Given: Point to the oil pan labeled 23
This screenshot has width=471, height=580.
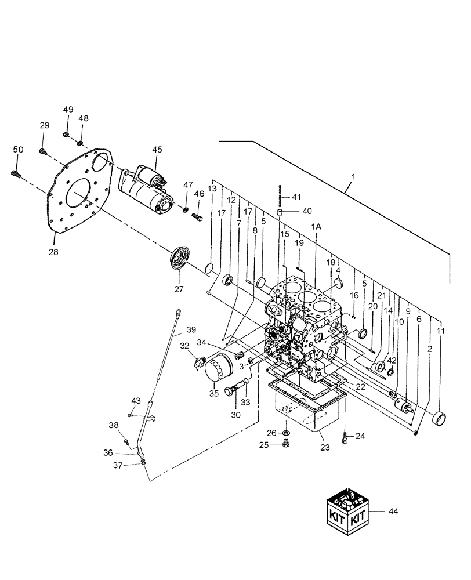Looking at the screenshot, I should tap(306, 409).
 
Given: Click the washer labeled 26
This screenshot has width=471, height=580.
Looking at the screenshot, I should tap(287, 432).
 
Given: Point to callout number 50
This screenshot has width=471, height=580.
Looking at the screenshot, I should tap(17, 150).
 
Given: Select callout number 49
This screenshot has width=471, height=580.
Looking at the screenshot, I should tap(68, 110).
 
